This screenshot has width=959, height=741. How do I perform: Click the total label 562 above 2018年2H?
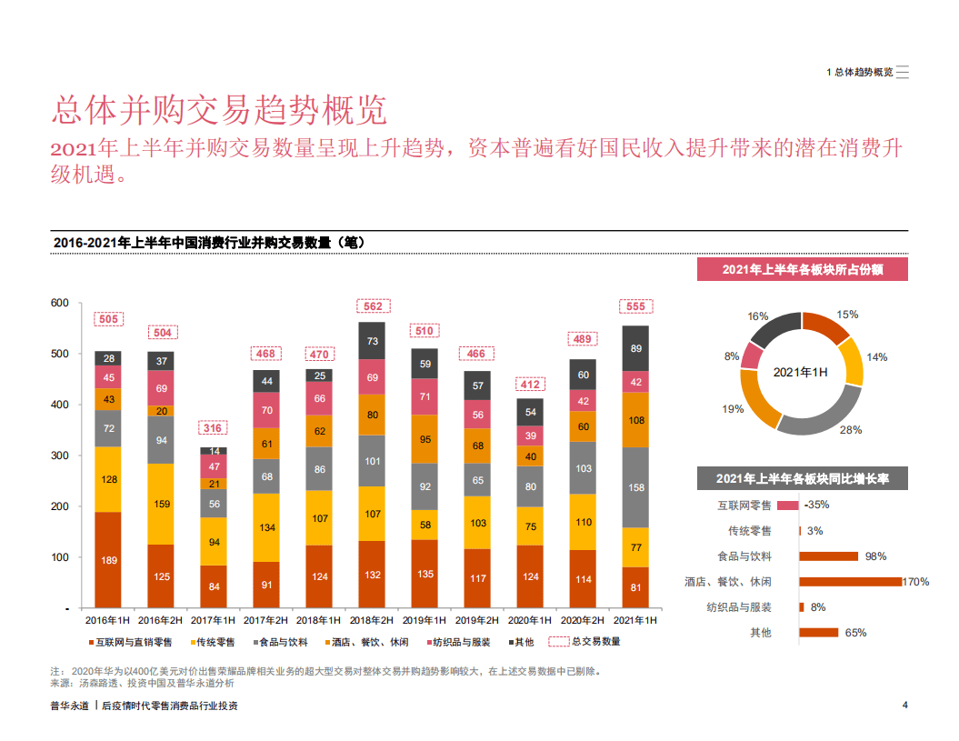[x=373, y=306]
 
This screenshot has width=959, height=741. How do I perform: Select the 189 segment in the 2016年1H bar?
[x=108, y=560]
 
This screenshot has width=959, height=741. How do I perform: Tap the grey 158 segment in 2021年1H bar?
[x=635, y=487]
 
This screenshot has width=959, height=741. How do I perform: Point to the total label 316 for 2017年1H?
[x=214, y=428]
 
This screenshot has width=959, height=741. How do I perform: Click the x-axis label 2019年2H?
[x=477, y=620]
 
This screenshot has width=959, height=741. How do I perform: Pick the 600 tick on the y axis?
[x=59, y=303]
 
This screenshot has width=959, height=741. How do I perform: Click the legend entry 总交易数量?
[x=595, y=642]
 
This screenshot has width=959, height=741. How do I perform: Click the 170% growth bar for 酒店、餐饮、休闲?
[x=850, y=581]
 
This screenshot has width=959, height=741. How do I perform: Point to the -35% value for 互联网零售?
[x=817, y=505]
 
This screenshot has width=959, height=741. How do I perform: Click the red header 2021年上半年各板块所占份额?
[x=803, y=269]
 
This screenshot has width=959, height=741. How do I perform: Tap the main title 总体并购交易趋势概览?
[x=219, y=109]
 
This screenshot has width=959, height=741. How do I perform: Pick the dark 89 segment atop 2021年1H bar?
[x=635, y=348]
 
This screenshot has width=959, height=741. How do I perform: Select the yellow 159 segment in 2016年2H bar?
[x=161, y=504]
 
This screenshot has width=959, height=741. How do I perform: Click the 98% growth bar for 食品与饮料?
[x=828, y=556]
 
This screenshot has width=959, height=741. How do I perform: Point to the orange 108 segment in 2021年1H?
[x=635, y=420]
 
